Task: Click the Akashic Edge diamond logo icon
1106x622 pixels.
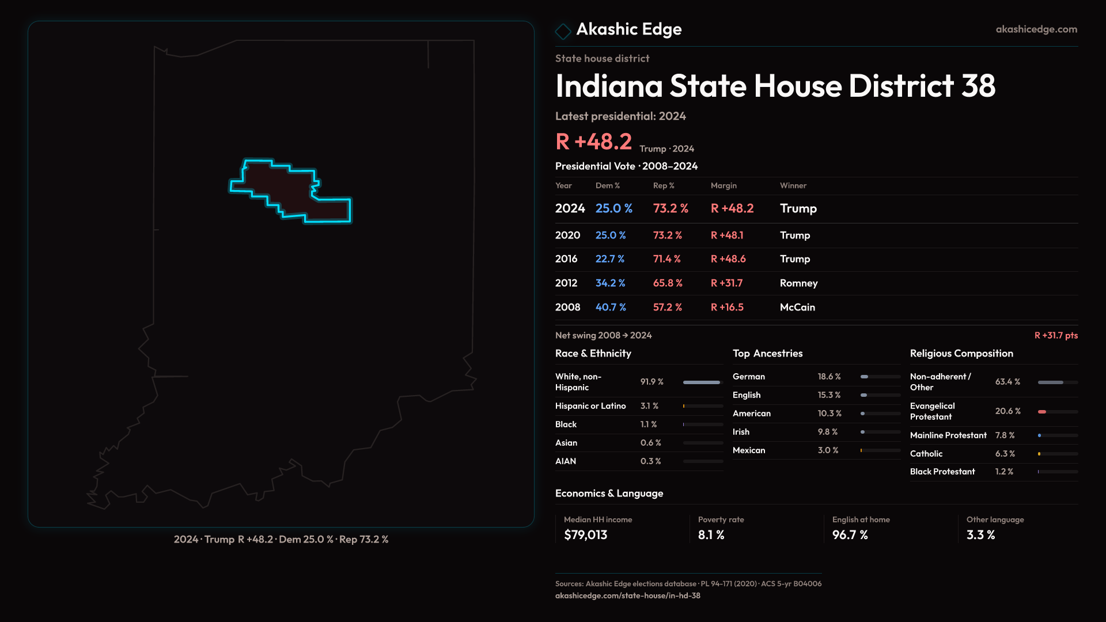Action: pyautogui.click(x=563, y=31)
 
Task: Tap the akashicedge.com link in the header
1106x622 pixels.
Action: pyautogui.click(x=1036, y=29)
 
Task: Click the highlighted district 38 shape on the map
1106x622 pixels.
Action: pyautogui.click(x=288, y=191)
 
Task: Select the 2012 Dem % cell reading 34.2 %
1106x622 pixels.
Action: pyautogui.click(x=610, y=283)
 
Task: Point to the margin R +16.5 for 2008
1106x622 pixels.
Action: pyautogui.click(x=727, y=308)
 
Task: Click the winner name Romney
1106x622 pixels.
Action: pyautogui.click(x=798, y=283)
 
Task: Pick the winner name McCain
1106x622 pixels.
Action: pyautogui.click(x=797, y=308)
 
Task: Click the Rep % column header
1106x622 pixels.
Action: pyautogui.click(x=664, y=186)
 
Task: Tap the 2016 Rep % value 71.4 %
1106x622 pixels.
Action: pyautogui.click(x=666, y=259)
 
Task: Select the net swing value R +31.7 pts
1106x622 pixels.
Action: pyautogui.click(x=1056, y=336)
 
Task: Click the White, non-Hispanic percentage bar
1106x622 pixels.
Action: pyautogui.click(x=702, y=382)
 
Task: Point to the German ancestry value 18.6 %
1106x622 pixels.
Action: pyautogui.click(x=829, y=377)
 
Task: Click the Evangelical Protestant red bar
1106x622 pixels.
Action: pyautogui.click(x=1042, y=412)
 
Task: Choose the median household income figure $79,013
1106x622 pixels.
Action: pyautogui.click(x=585, y=535)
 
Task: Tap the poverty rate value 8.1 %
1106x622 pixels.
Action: pyautogui.click(x=711, y=535)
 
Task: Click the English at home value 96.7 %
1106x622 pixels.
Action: pyautogui.click(x=850, y=535)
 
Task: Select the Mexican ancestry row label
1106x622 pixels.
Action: pyautogui.click(x=749, y=450)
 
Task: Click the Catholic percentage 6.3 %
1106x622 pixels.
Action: pyautogui.click(x=1005, y=454)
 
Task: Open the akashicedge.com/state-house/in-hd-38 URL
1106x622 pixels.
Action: pyautogui.click(x=627, y=596)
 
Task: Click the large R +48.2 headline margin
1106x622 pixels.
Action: pyautogui.click(x=593, y=142)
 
